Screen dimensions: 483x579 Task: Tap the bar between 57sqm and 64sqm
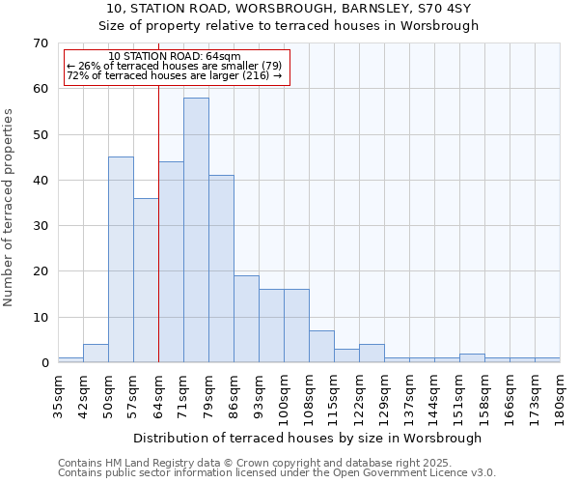coord(146,280)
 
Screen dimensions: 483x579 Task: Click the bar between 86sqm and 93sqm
coord(246,319)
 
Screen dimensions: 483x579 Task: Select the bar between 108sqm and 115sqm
coord(321,347)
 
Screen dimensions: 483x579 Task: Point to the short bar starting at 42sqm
coord(96,354)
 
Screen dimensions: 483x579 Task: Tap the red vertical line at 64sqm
coord(158,241)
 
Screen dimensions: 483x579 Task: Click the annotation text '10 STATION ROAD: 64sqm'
coord(175,57)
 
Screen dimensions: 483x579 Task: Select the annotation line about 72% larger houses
coord(175,75)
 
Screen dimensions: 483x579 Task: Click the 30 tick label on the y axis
coord(40,226)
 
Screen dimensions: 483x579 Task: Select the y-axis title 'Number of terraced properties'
coord(9,207)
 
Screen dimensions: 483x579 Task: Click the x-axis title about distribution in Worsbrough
coord(307,438)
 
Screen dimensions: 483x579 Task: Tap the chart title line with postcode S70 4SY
coord(289,8)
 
